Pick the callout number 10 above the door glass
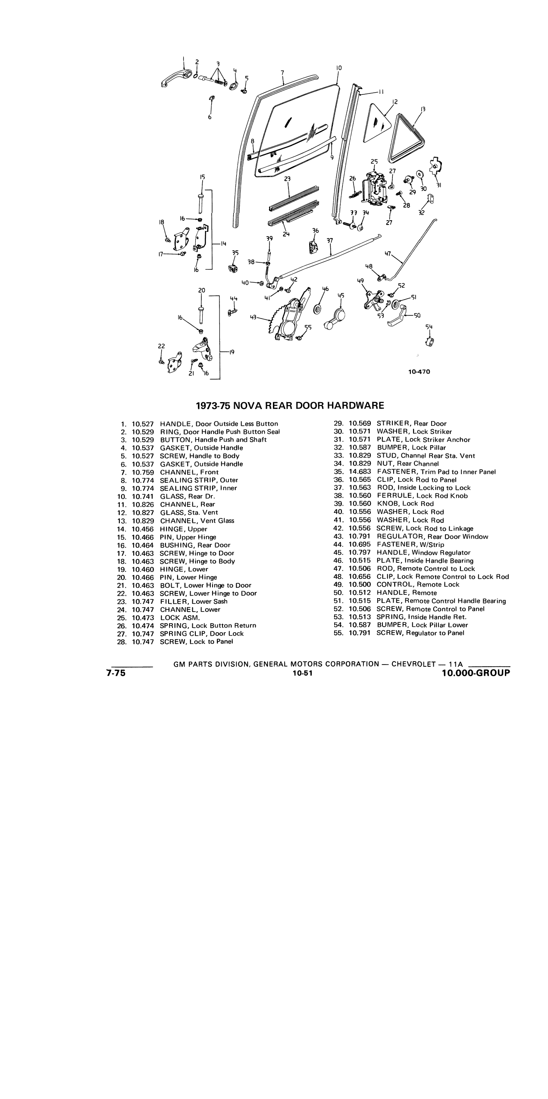click(x=338, y=68)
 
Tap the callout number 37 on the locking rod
click(x=330, y=240)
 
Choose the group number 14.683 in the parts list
click(x=360, y=472)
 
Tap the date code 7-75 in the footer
click(x=116, y=673)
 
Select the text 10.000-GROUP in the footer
click(x=476, y=673)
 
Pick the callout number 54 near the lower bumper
click(x=429, y=327)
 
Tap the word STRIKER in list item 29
click(x=394, y=424)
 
